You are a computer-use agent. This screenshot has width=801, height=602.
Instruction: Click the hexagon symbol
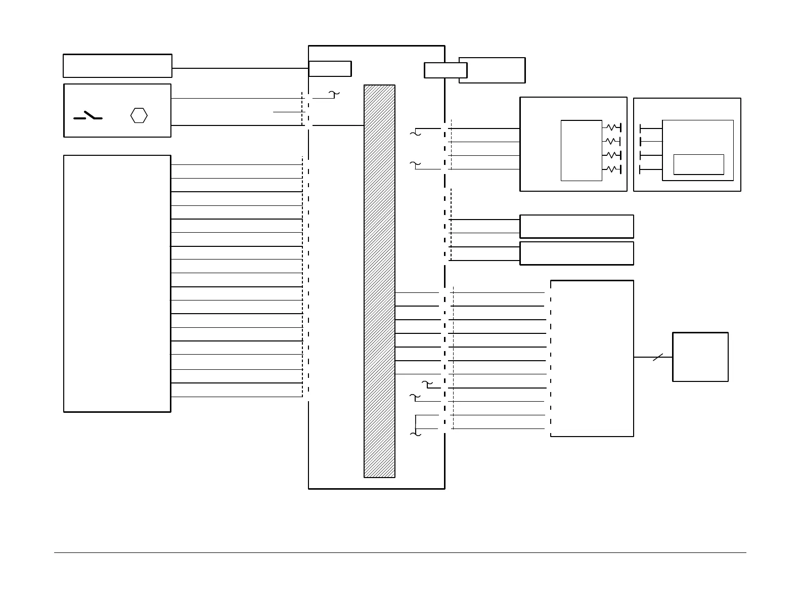139,115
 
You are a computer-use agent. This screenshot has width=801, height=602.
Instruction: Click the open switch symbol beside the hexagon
88,116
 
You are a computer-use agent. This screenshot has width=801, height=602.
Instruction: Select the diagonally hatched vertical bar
379,281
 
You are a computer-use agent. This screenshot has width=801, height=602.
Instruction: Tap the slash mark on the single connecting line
657,357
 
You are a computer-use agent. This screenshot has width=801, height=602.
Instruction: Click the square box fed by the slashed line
700,357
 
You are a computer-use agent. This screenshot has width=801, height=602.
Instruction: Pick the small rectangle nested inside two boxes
698,164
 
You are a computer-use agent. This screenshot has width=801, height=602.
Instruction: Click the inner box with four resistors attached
581,150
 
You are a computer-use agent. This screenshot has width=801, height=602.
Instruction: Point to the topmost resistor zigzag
612,127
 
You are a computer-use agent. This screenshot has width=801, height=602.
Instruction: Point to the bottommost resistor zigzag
612,168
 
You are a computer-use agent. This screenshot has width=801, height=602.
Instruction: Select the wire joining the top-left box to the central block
240,68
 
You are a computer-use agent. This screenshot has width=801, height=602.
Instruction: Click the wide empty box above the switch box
117,66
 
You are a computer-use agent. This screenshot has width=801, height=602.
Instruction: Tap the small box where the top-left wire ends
330,68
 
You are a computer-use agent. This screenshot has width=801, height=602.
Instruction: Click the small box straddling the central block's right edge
445,70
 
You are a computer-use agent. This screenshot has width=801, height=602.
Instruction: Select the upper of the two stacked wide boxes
576,226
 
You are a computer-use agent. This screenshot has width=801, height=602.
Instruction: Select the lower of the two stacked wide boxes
576,253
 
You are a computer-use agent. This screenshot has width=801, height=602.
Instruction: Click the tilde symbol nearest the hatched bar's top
334,94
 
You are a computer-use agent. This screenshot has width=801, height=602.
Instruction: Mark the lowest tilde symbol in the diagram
415,434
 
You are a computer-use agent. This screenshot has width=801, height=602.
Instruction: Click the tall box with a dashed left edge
592,358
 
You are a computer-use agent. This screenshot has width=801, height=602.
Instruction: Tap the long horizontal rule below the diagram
399,552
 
